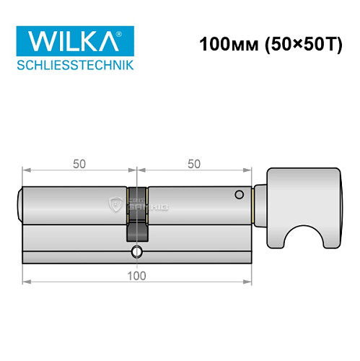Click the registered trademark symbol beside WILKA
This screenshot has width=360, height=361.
(x=126, y=33)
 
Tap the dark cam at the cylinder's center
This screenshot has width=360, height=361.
(x=137, y=217)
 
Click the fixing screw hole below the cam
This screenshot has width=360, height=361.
(x=137, y=252)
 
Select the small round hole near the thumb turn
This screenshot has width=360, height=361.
(x=237, y=196)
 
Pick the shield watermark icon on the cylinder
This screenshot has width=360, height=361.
(x=115, y=205)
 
